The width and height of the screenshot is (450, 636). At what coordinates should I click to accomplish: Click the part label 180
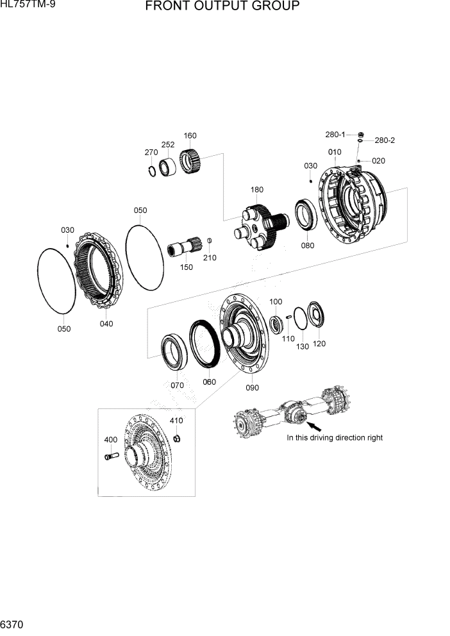[x=257, y=190]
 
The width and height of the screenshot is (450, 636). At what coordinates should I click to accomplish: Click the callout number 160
[x=190, y=136]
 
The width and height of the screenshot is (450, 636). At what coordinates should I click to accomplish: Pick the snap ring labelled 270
[x=152, y=171]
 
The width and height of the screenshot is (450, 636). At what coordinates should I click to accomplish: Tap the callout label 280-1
[x=335, y=135]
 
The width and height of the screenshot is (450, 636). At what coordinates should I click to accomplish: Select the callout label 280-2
[x=385, y=140]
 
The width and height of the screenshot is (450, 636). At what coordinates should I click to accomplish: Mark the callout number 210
[x=210, y=258]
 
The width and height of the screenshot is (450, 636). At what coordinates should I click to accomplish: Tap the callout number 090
[x=253, y=387]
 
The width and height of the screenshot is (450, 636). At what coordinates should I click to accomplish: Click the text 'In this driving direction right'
[x=335, y=438]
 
